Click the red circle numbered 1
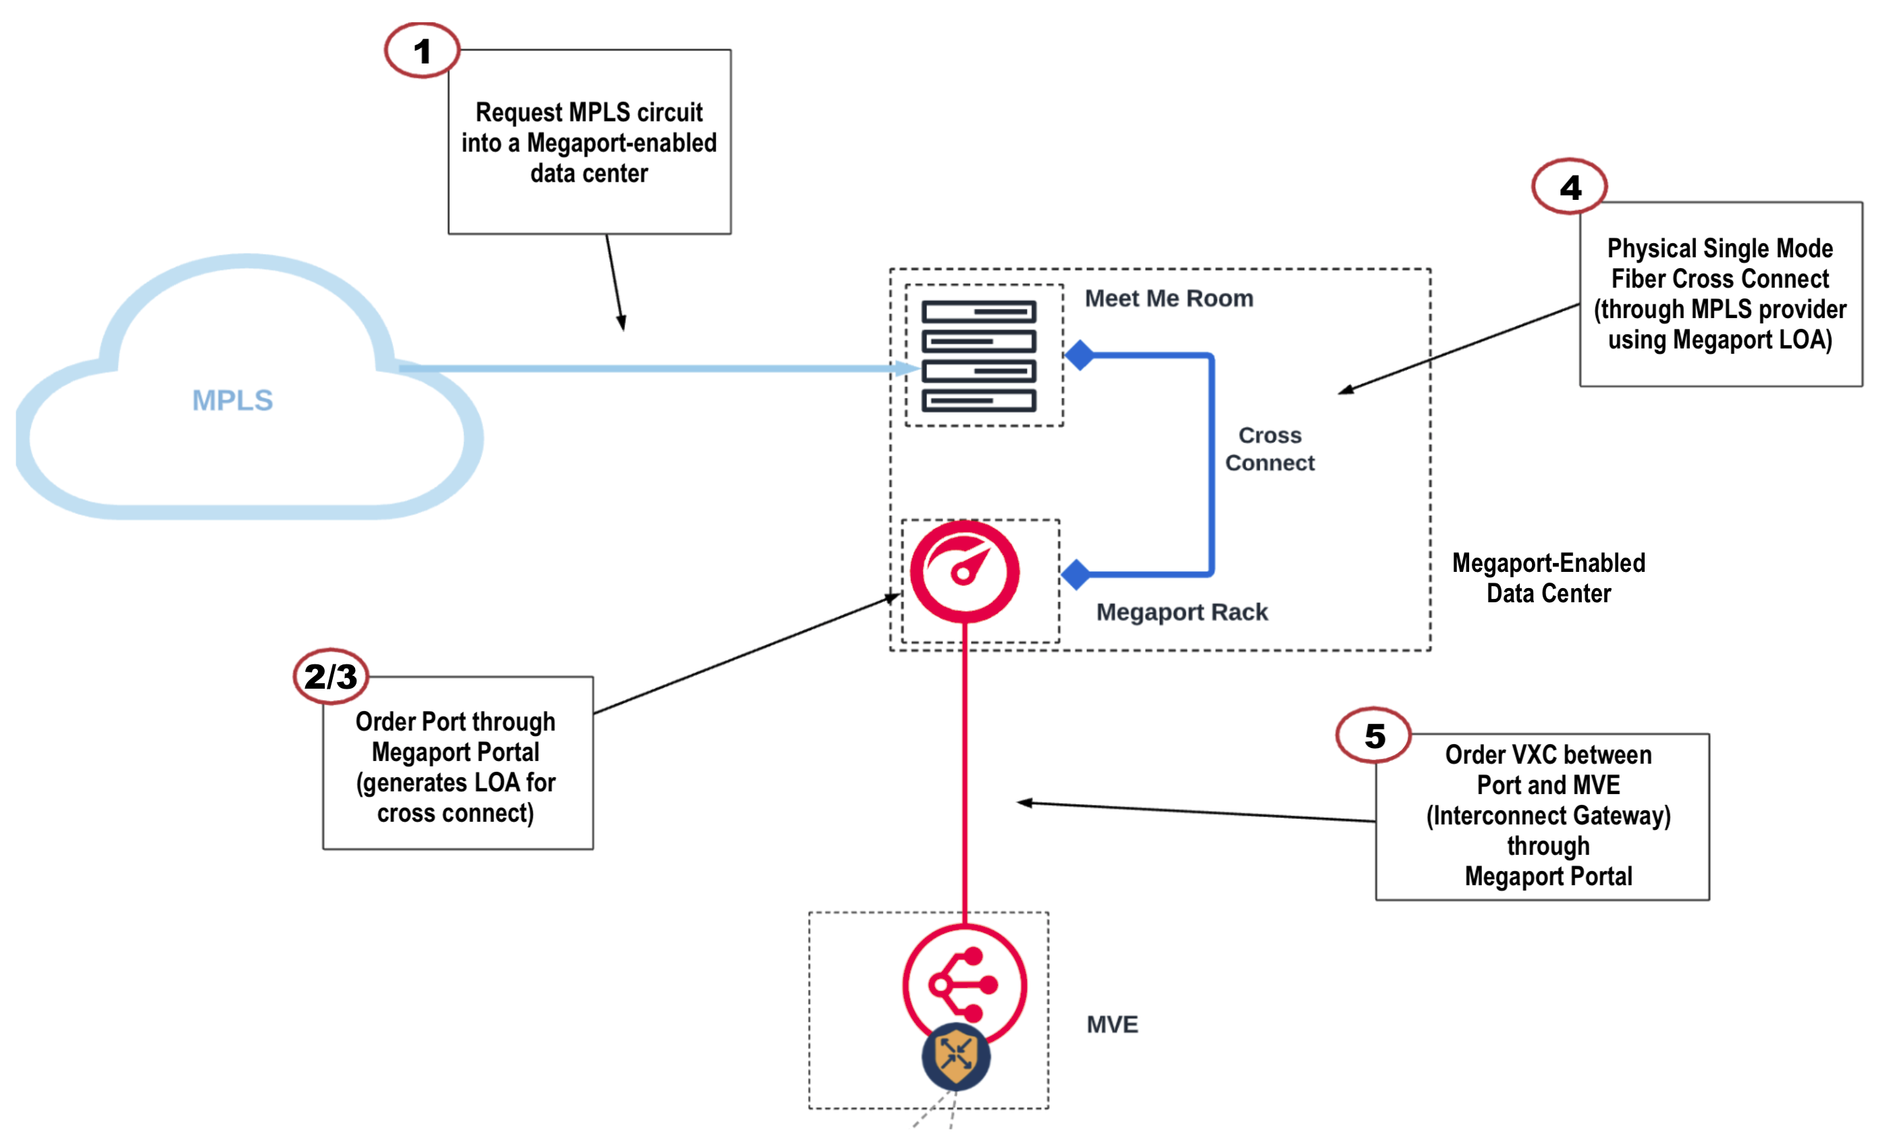pyautogui.click(x=421, y=51)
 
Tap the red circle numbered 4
pyautogui.click(x=1570, y=186)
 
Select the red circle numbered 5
pyautogui.click(x=1373, y=735)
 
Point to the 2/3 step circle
pyautogui.click(x=331, y=676)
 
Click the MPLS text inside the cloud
pyautogui.click(x=232, y=400)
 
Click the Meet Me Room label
pyautogui.click(x=1169, y=298)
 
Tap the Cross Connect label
pyautogui.click(x=1269, y=449)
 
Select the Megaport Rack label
pyautogui.click(x=1181, y=612)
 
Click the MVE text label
pyautogui.click(x=1111, y=1024)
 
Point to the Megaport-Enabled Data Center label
pyautogui.click(x=1547, y=578)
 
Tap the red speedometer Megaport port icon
pyautogui.click(x=964, y=571)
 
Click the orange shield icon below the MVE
pyautogui.click(x=956, y=1057)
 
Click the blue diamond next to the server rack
pyautogui.click(x=1080, y=355)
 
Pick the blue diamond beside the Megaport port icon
pyautogui.click(x=1076, y=574)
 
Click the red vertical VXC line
pyautogui.click(x=965, y=771)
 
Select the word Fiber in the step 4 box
pyautogui.click(x=1642, y=279)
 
